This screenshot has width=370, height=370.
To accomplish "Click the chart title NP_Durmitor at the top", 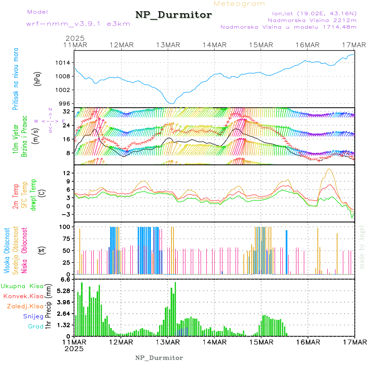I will (173, 15).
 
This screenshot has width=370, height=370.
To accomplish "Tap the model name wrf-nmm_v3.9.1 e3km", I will (67, 23).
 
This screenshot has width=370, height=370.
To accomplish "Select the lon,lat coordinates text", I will (311, 13).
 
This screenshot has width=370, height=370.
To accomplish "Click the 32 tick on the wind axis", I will (67, 111).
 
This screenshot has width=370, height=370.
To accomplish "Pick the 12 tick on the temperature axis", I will (67, 173).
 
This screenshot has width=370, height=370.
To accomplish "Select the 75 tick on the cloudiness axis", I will (66, 238).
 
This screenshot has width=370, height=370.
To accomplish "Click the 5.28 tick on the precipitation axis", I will (64, 291).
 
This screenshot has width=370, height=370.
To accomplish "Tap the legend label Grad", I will (36, 326).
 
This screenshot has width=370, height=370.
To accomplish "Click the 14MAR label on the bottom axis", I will (214, 342).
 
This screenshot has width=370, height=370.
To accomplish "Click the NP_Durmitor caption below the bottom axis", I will (159, 358).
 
